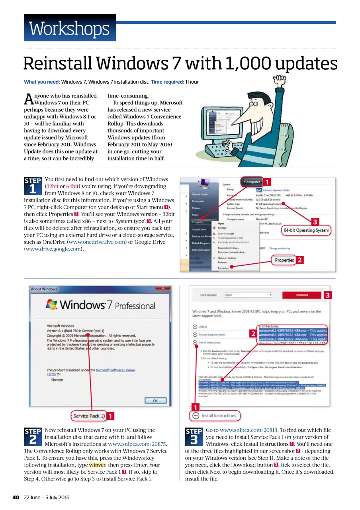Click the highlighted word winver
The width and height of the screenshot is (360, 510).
click(x=97, y=465)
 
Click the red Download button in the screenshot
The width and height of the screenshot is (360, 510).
click(x=301, y=295)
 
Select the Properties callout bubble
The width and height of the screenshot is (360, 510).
click(x=284, y=260)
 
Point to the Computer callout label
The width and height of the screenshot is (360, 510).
click(x=252, y=182)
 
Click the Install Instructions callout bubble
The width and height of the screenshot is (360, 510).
click(x=215, y=416)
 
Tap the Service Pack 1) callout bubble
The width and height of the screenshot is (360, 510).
click(x=88, y=416)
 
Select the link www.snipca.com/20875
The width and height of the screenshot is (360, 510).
click(x=137, y=444)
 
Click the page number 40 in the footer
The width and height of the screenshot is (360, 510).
click(x=16, y=498)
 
